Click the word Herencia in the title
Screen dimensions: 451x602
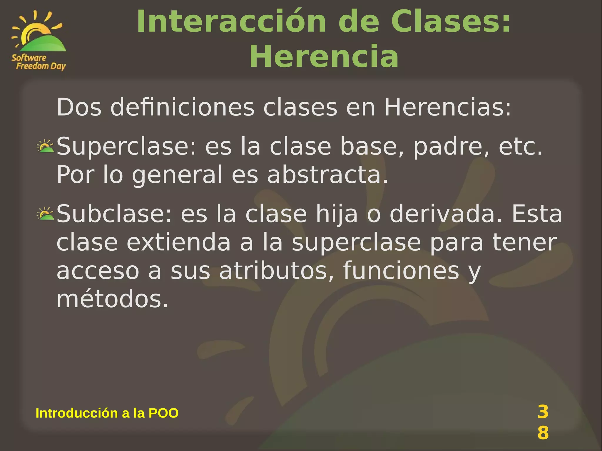point(324,56)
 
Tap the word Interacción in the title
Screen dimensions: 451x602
point(231,22)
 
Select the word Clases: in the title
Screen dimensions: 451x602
point(451,22)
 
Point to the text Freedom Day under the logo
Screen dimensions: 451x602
point(41,66)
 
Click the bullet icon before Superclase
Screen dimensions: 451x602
point(45,146)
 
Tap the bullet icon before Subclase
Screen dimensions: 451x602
point(45,214)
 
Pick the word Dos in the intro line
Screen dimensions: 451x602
point(79,107)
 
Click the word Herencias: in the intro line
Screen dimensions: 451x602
point(448,107)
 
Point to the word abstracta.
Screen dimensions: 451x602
point(327,175)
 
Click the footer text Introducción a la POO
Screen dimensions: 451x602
point(107,413)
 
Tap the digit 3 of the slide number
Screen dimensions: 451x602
point(543,412)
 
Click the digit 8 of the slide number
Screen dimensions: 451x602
point(543,433)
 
